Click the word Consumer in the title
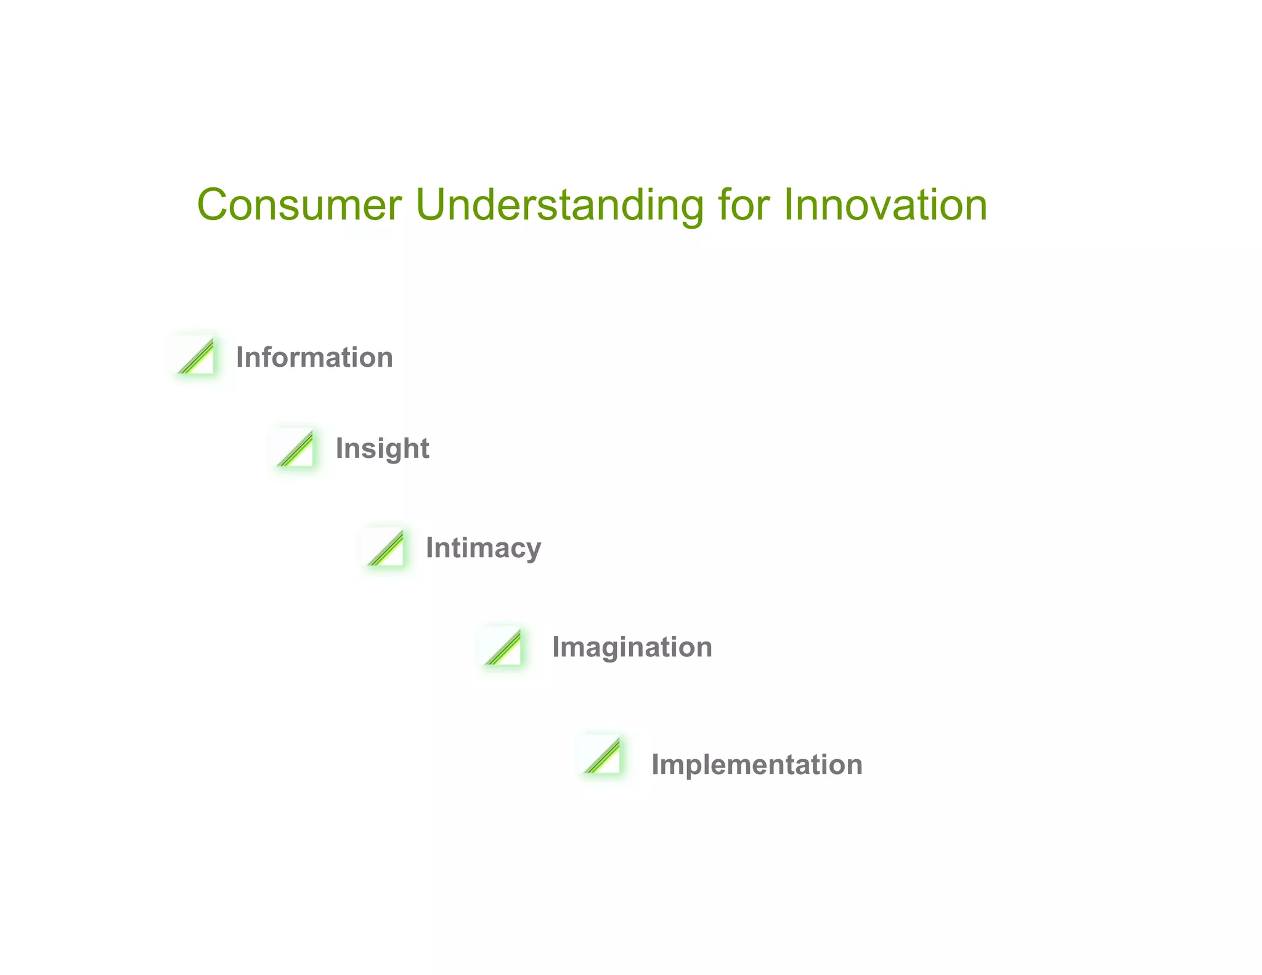[299, 205]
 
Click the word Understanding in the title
[559, 205]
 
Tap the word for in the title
[744, 205]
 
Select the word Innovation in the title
[885, 205]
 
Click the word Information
[314, 357]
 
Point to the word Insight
[382, 448]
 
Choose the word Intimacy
[483, 548]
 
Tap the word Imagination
[632, 647]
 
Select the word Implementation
[757, 765]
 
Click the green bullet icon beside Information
[197, 356]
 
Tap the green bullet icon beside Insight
[296, 449]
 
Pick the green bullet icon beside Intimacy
[386, 548]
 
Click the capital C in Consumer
[213, 205]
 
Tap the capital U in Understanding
[432, 205]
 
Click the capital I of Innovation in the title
[788, 205]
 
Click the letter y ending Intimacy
[534, 551]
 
